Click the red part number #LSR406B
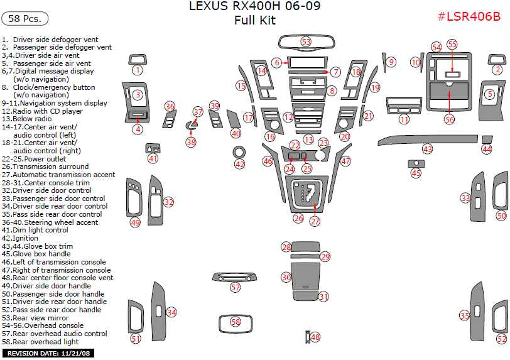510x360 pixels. click(469, 16)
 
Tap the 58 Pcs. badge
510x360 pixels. click(25, 18)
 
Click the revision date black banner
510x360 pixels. click(48, 354)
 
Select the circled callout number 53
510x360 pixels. click(306, 41)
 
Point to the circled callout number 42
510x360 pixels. click(239, 164)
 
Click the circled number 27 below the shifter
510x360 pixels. click(315, 221)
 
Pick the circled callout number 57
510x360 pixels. click(235, 287)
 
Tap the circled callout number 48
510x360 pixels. click(315, 337)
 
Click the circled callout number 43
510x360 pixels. click(428, 150)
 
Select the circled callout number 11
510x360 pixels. click(404, 119)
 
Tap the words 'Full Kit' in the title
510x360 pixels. click(254, 20)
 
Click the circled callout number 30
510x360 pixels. click(286, 277)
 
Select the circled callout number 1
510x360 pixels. click(137, 70)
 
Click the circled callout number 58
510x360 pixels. click(236, 322)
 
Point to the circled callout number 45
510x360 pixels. click(416, 173)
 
